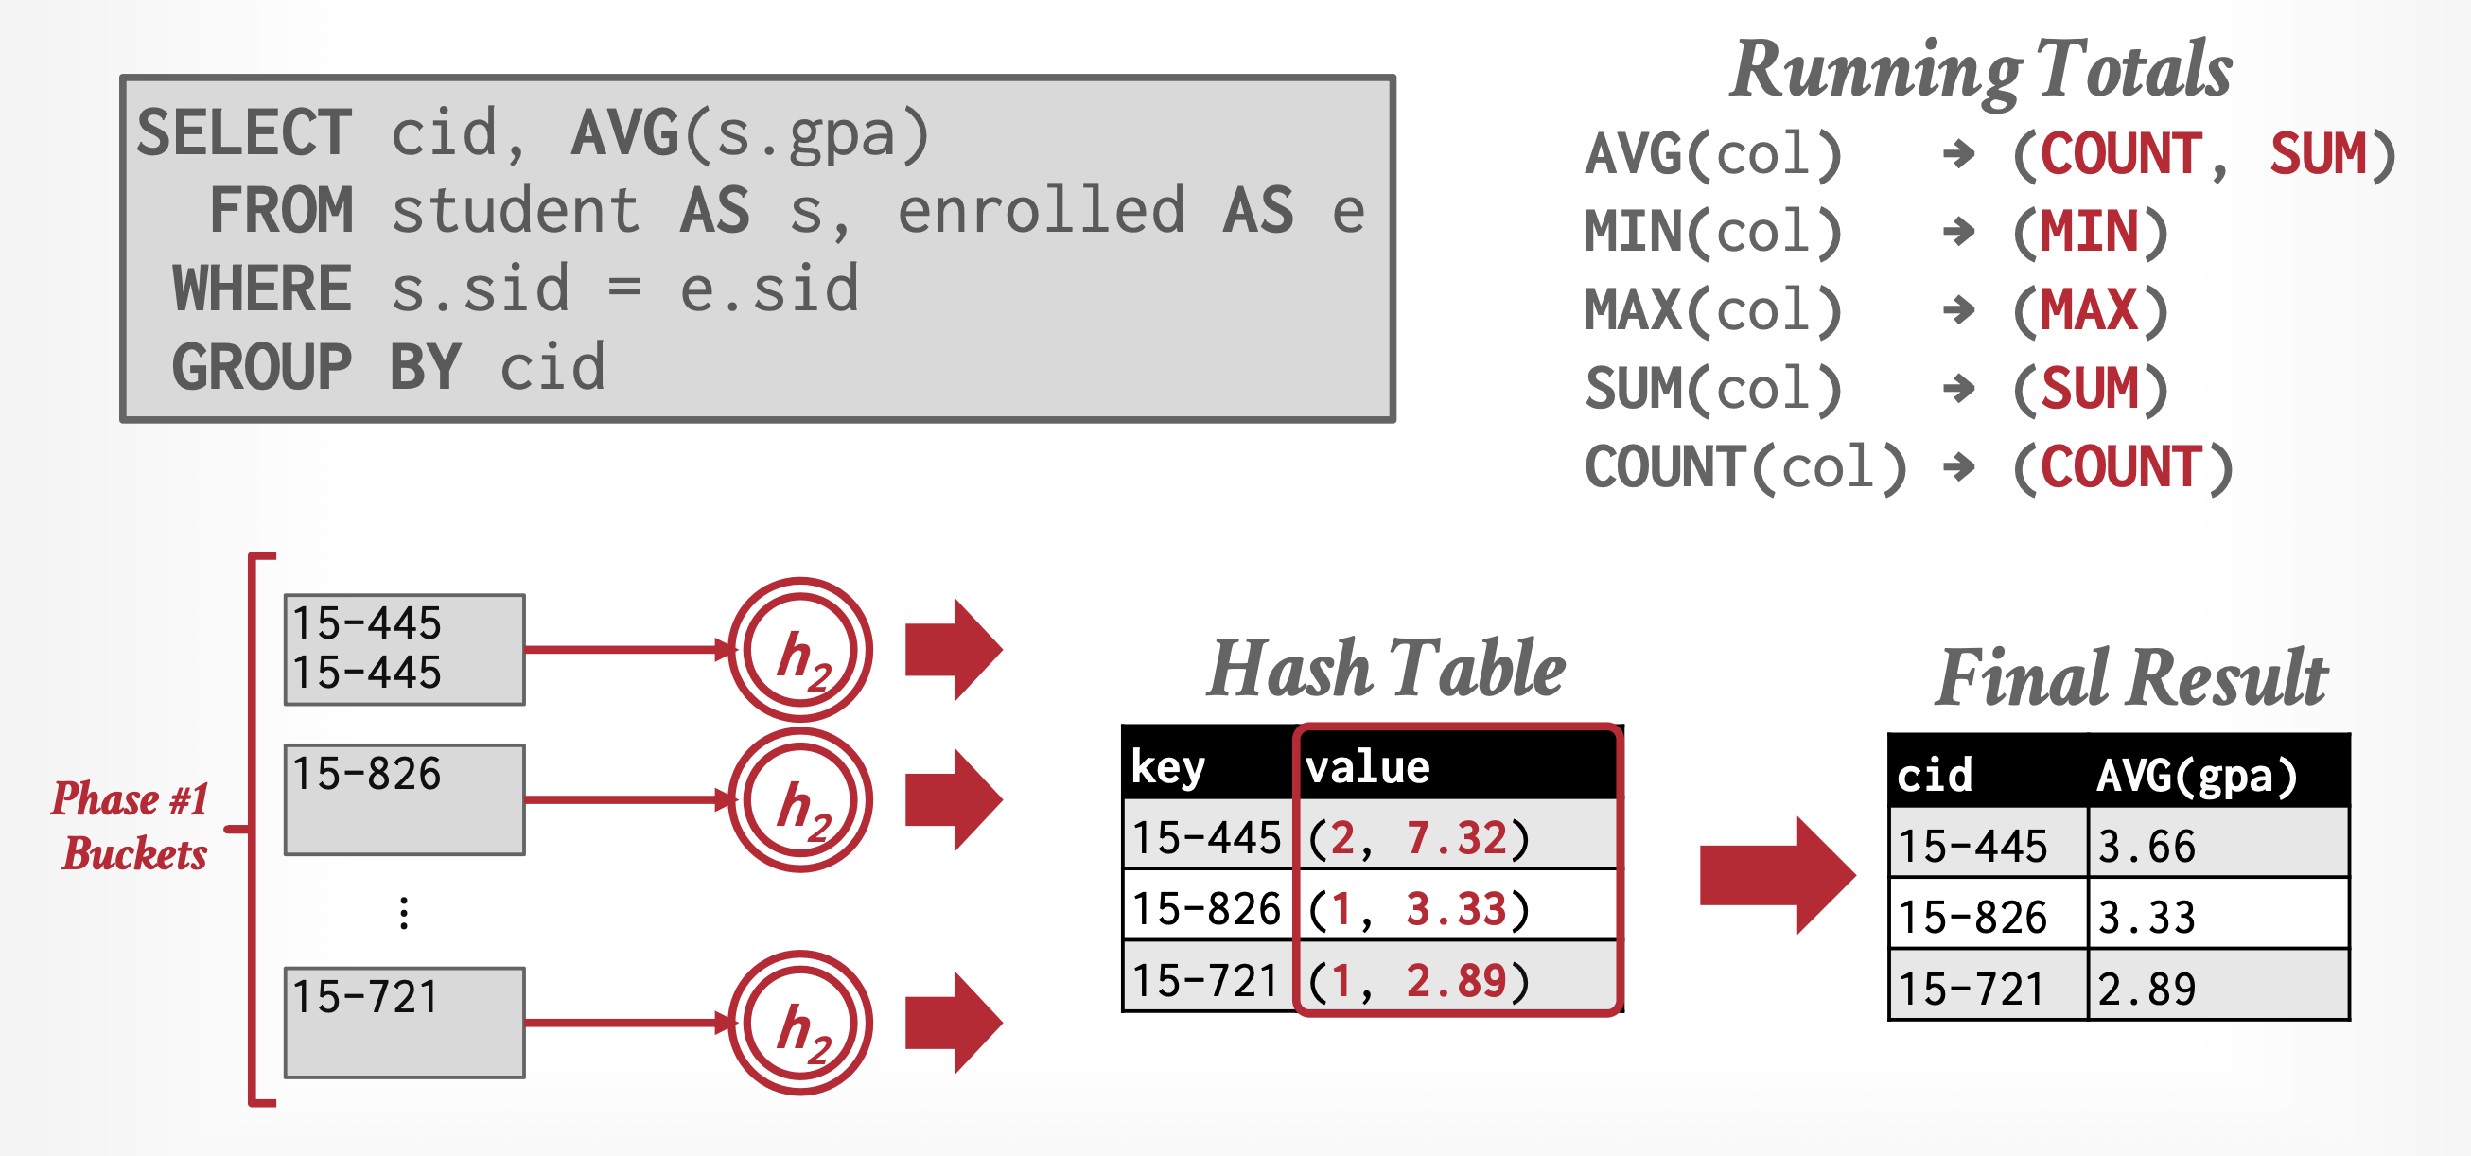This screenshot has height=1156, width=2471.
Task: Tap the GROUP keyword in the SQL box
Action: pyautogui.click(x=261, y=367)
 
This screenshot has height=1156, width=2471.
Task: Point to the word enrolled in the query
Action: pyautogui.click(x=1041, y=211)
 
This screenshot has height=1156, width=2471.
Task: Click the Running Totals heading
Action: pyautogui.click(x=1981, y=69)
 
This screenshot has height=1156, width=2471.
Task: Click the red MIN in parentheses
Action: pyautogui.click(x=2089, y=232)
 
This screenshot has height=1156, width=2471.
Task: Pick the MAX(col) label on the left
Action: pyautogui.click(x=1712, y=311)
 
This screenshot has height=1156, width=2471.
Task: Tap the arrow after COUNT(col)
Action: pyautogui.click(x=1958, y=467)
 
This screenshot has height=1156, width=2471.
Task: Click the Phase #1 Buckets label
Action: pyautogui.click(x=131, y=826)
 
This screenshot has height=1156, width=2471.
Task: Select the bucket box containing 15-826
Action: pyautogui.click(x=404, y=799)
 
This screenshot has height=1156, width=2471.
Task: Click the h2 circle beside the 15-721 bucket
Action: pyautogui.click(x=800, y=1023)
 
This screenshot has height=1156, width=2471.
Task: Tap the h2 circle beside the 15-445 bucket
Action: pyautogui.click(x=800, y=650)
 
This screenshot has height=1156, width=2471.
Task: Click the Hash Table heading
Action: pyautogui.click(x=1385, y=669)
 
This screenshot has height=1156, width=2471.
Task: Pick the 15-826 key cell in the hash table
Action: pyautogui.click(x=1207, y=907)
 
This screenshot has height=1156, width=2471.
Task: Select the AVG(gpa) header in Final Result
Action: pyautogui.click(x=2197, y=775)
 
